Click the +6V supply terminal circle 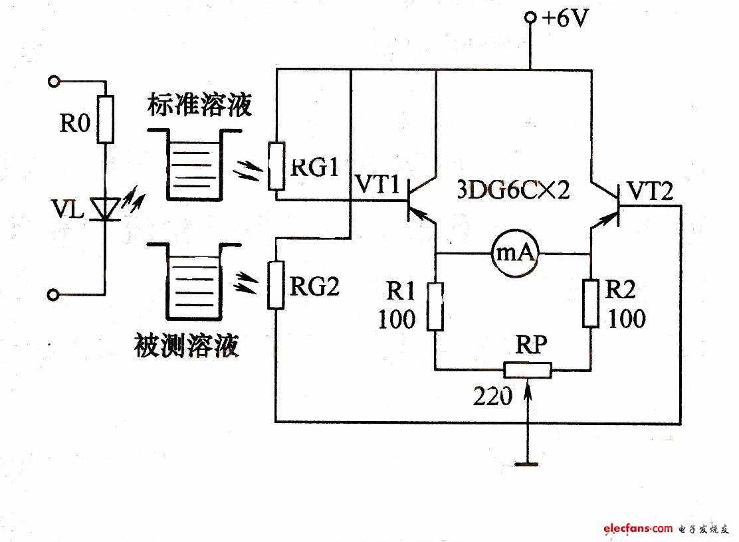coord(530,18)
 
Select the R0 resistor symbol coord(106,119)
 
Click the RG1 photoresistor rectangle coord(276,166)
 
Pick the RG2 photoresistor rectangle coord(276,285)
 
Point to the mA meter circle coord(515,253)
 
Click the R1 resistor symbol coord(435,307)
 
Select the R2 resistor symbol coord(591,304)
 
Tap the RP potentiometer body coord(528,370)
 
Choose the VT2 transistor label coord(651,191)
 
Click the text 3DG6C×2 coord(514,190)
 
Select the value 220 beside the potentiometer coord(492,396)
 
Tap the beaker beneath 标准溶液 coord(194,165)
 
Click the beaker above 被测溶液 coord(194,282)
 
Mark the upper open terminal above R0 coord(54,82)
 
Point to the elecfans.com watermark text coord(638,528)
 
